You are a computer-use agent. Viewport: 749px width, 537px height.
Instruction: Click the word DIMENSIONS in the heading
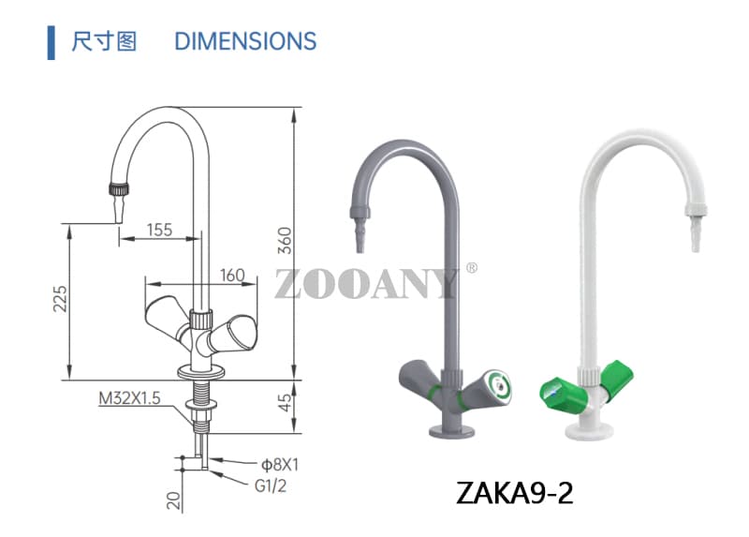click(245, 41)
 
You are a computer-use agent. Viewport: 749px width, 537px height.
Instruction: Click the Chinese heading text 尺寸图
click(104, 41)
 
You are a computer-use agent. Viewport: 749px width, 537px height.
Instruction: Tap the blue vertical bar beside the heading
click(51, 42)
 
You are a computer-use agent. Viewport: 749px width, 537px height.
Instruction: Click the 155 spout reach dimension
click(159, 230)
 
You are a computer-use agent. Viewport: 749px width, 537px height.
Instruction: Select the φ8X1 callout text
click(279, 463)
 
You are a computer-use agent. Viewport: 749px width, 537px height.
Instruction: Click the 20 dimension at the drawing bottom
click(173, 500)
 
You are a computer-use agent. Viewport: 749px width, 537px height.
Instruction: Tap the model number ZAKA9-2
click(514, 492)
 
